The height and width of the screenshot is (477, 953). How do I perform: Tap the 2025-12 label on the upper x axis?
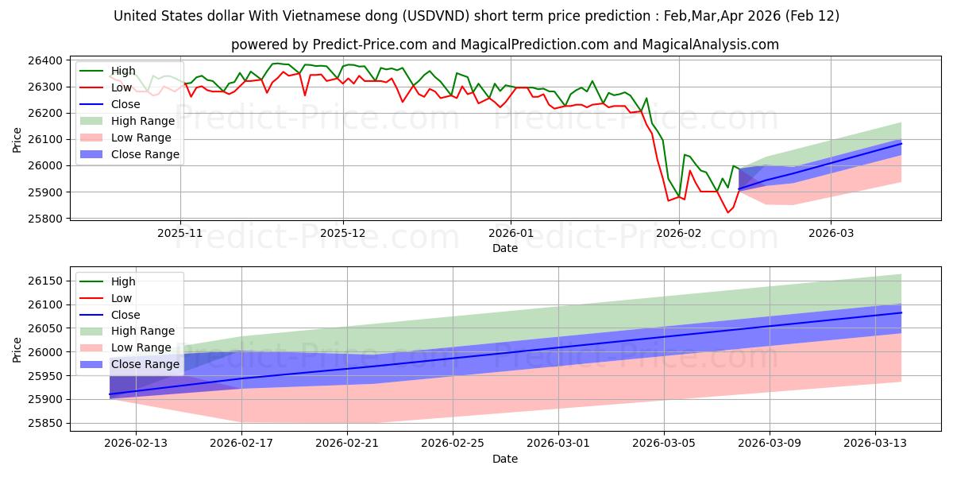point(343,234)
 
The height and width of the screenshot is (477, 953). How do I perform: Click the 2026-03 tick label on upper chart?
point(831,234)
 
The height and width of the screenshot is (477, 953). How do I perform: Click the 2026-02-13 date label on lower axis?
point(137,444)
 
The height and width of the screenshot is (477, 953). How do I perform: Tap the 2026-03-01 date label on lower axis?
point(558,444)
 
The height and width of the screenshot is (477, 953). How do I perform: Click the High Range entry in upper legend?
point(143,120)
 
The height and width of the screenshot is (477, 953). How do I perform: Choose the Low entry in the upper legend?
point(122,87)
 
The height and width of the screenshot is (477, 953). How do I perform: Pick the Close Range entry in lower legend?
point(145,364)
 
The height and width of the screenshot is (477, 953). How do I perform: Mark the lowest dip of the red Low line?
point(727,212)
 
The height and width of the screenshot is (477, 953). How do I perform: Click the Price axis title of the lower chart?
point(17,349)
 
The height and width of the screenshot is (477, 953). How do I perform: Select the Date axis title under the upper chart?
point(504,248)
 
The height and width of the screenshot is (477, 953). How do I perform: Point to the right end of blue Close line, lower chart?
point(901,312)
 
